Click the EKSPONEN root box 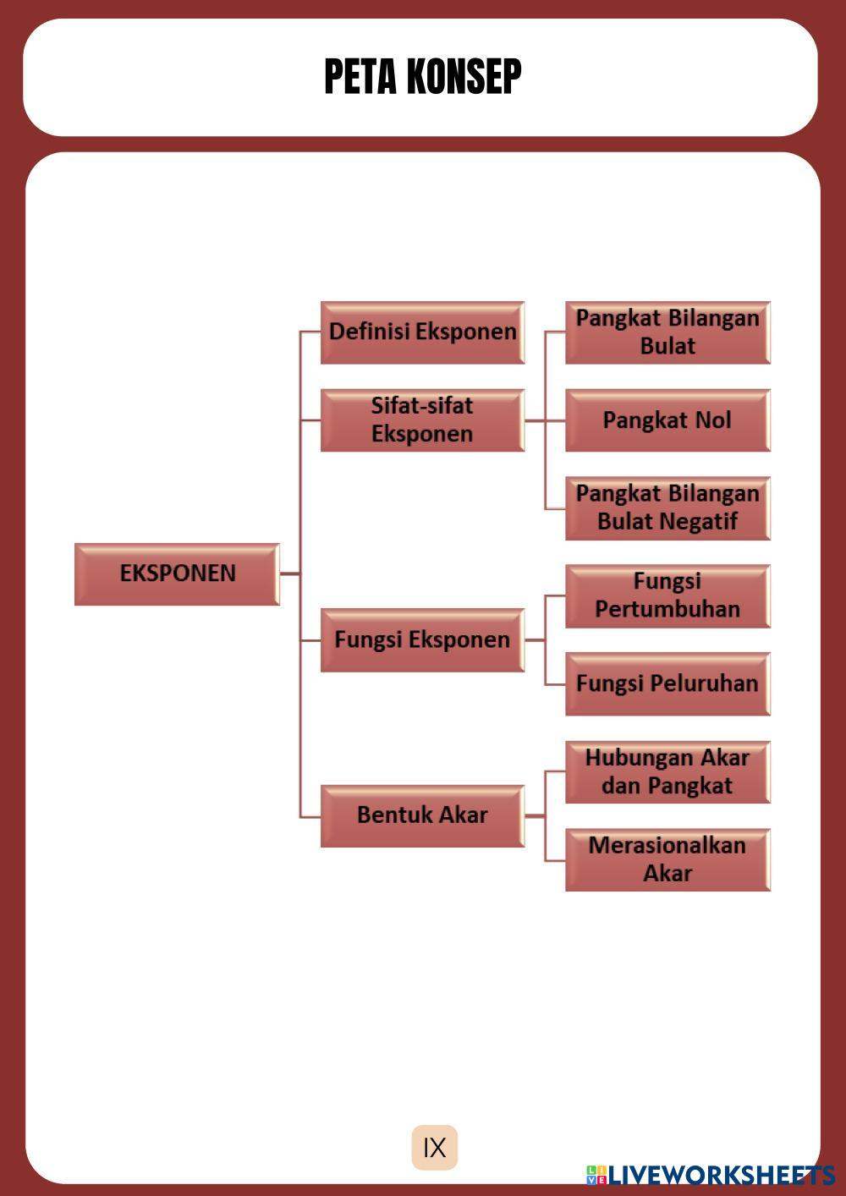177,573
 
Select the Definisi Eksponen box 422,332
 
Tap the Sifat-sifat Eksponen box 422,420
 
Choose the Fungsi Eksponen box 422,639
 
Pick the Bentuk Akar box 422,815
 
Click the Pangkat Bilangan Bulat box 667,332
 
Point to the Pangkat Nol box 667,420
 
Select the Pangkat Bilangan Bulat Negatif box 667,507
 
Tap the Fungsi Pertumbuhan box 667,595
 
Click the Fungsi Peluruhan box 667,683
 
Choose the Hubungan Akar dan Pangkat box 667,771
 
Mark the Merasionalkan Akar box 667,859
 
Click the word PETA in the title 360,77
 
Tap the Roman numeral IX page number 435,1148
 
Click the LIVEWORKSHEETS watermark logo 711,1175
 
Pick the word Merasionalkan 667,846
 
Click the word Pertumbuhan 667,609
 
